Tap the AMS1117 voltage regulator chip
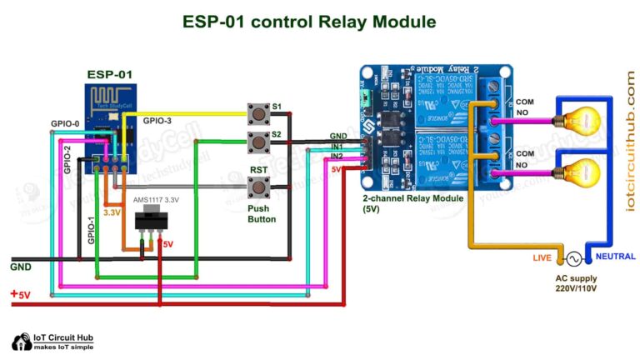(149, 219)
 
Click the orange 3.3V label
(112, 212)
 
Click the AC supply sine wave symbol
(574, 258)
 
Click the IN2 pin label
(337, 156)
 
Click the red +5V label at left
(21, 295)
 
